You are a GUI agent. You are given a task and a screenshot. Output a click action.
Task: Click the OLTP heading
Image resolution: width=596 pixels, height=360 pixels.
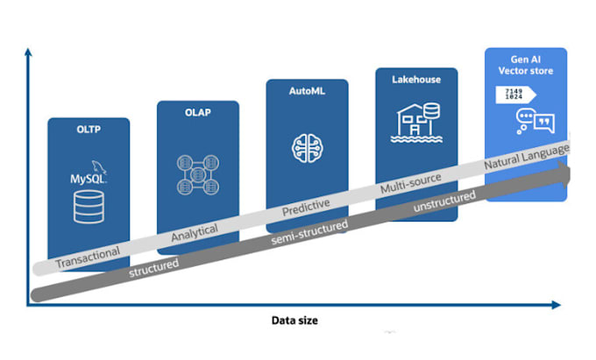pos(89,130)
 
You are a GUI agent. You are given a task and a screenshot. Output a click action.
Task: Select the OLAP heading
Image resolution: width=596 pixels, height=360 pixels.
pos(198,112)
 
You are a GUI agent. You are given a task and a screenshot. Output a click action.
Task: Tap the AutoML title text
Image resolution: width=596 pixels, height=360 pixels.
pos(307,91)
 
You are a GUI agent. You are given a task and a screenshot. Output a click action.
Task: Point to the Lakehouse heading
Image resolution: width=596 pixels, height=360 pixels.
pos(416,80)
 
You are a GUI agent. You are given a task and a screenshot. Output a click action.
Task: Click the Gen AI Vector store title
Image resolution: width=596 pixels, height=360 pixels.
pos(526,65)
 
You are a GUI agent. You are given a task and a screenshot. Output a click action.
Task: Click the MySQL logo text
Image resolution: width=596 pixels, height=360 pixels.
pos(88,178)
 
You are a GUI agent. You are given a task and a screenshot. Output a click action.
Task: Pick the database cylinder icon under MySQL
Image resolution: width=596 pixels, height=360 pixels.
pos(89,207)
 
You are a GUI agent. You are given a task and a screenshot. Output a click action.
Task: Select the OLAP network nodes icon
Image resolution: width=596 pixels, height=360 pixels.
pos(198,174)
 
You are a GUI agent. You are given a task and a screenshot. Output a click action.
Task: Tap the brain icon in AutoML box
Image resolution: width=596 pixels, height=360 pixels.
pos(307,148)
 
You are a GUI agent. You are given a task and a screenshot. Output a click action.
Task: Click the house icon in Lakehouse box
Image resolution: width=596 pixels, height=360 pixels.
pos(416,123)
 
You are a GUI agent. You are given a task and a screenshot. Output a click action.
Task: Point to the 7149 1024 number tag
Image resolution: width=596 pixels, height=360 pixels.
pos(515,95)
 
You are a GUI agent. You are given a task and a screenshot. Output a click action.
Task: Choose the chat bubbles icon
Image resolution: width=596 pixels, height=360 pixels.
pos(535,121)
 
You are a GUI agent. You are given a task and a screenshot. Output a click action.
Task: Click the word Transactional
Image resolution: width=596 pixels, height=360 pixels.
pos(88,258)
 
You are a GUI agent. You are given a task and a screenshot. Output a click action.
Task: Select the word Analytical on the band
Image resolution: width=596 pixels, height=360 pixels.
pos(195,232)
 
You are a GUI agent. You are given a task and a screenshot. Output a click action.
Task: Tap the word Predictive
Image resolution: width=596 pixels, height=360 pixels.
pos(306,208)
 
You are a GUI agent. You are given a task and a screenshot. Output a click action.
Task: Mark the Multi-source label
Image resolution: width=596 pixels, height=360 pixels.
pos(410,183)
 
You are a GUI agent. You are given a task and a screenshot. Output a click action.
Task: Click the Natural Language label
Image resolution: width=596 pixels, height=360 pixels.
pos(527,157)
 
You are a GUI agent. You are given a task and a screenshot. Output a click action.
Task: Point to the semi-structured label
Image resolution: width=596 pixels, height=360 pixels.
pos(309,232)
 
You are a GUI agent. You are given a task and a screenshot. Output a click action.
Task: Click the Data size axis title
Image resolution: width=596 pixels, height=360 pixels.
pos(294,321)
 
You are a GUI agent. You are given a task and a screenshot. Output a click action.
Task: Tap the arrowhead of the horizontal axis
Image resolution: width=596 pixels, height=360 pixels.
pos(557,305)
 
